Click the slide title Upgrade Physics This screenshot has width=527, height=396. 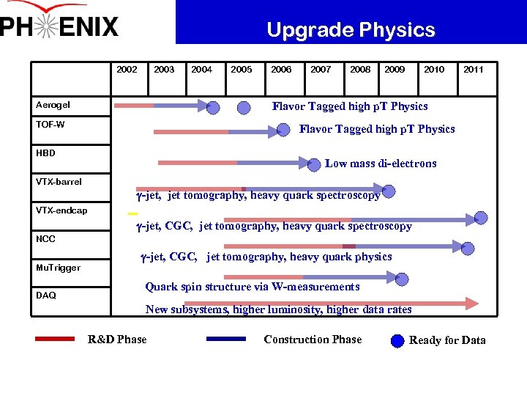[351, 30]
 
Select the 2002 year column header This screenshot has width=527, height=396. [127, 70]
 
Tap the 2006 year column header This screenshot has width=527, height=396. [281, 70]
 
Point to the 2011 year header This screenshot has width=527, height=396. [473, 70]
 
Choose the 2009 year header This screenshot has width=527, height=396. [395, 70]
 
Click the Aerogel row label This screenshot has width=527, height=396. [53, 105]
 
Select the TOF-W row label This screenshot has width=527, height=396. [51, 125]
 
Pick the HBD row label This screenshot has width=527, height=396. [45, 153]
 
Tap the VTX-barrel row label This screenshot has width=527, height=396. [59, 182]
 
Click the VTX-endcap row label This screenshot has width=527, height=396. [61, 210]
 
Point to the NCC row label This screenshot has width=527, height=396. [45, 239]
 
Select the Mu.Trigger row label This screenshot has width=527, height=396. [58, 268]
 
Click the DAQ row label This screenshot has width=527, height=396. [45, 296]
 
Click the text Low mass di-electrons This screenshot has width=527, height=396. [381, 164]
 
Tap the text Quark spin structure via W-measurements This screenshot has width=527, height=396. [253, 287]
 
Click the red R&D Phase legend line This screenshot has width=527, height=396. [55, 339]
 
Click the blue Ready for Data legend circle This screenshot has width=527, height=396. [397, 340]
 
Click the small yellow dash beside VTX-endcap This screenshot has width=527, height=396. [132, 213]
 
